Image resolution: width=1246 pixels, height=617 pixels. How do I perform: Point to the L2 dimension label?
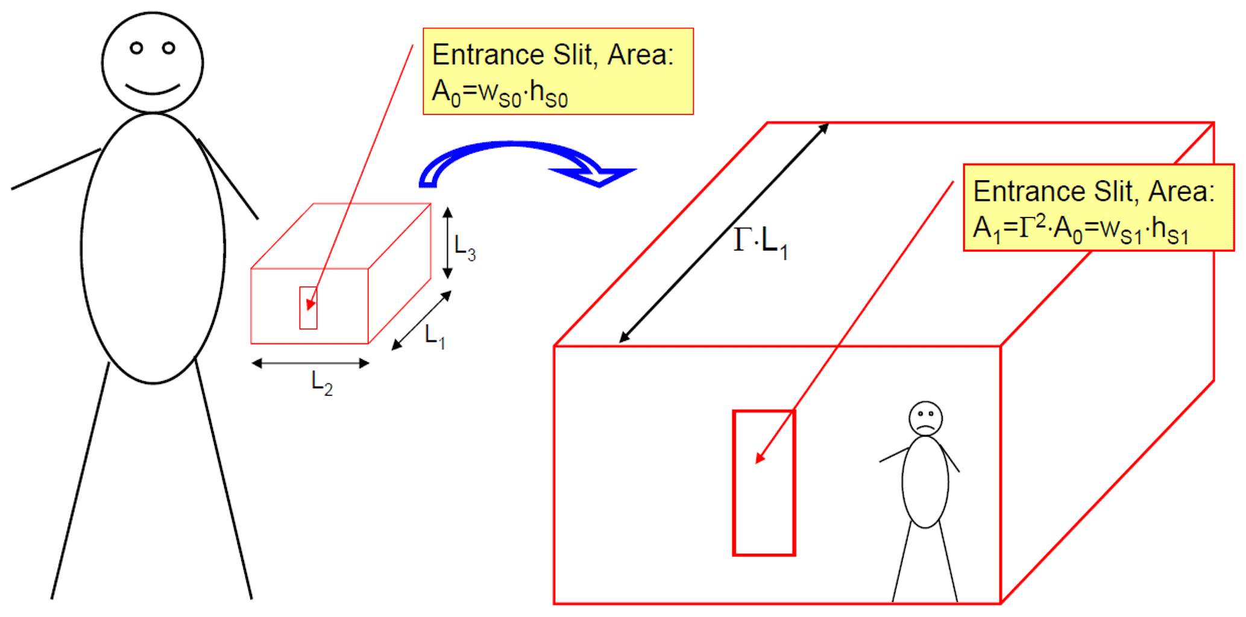322,383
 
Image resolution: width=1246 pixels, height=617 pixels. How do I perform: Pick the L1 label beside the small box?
435,336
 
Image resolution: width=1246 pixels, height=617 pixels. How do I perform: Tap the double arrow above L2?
310,363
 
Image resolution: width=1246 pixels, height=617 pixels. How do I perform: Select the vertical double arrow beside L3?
447,243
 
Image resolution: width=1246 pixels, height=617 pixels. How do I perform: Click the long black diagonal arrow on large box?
724,233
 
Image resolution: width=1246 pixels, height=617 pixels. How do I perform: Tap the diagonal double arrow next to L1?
421,321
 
